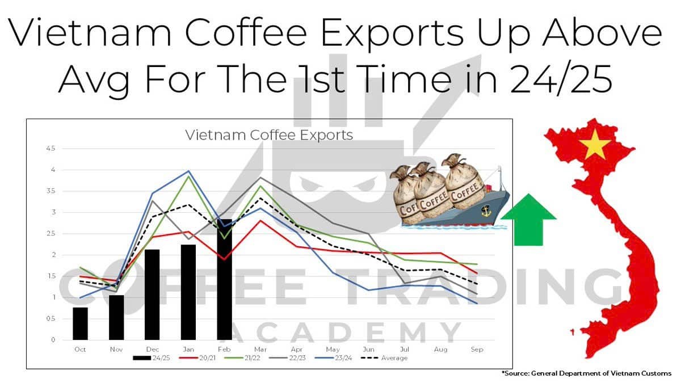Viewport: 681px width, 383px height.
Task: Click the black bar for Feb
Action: [224, 279]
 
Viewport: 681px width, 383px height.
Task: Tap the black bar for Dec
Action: [152, 294]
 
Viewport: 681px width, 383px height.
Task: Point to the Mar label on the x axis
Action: [260, 350]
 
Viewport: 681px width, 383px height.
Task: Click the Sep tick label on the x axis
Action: [477, 350]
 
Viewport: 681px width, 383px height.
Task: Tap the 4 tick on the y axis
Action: [53, 170]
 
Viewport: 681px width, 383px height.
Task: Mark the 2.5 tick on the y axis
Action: [52, 234]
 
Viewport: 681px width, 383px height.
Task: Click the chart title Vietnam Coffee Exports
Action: [269, 136]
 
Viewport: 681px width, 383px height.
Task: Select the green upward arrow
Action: [528, 219]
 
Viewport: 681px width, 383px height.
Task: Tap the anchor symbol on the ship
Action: [485, 211]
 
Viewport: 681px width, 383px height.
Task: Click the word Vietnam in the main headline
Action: [82, 34]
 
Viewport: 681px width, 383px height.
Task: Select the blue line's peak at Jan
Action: [188, 171]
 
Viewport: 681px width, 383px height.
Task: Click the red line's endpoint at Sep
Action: [477, 273]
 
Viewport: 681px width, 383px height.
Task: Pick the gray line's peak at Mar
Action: [260, 178]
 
